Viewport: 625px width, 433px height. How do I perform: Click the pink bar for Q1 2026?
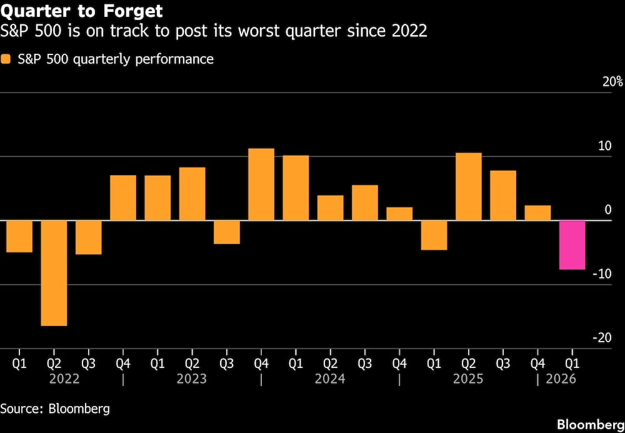point(572,245)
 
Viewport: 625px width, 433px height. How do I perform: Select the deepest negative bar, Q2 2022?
point(54,273)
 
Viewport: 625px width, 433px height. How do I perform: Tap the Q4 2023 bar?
point(261,185)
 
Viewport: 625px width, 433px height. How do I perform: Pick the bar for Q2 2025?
point(469,186)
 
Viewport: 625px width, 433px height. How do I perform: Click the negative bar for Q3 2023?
point(227,232)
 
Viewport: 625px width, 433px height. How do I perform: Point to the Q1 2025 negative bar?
point(434,235)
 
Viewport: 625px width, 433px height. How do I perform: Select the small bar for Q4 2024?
point(399,214)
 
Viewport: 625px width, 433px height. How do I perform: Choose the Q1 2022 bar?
point(19,237)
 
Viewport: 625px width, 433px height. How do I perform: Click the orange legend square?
point(6,59)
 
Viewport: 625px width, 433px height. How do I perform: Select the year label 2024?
point(329,379)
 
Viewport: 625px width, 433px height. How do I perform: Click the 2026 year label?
point(561,379)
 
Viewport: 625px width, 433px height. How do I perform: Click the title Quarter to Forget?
point(82,11)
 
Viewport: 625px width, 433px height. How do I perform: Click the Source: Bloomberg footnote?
point(55,409)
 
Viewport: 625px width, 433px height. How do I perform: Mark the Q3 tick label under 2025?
point(503,362)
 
